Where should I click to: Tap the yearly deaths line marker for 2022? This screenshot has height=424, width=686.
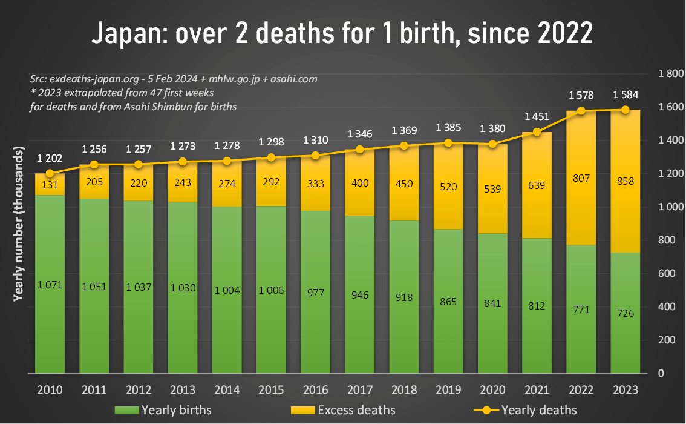pyautogui.click(x=581, y=111)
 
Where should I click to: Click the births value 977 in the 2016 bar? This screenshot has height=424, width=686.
pyautogui.click(x=316, y=293)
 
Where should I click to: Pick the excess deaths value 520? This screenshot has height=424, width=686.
pyautogui.click(x=448, y=187)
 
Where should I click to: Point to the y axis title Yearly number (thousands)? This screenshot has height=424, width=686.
pyautogui.click(x=18, y=224)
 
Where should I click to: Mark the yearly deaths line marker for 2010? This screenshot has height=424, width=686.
pyautogui.click(x=50, y=173)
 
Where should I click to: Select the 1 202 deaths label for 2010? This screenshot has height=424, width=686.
pyautogui.click(x=50, y=158)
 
